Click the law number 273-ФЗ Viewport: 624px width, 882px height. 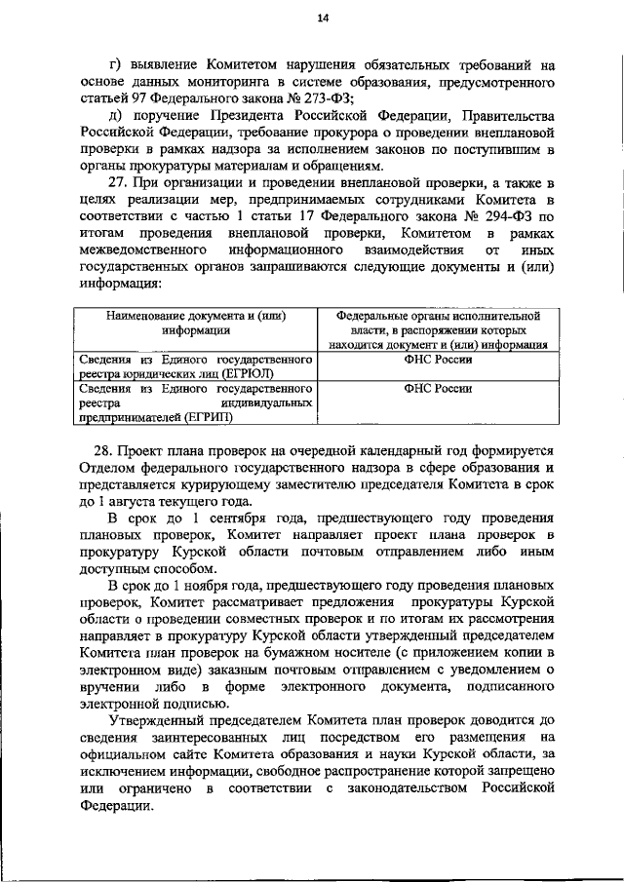tap(325, 96)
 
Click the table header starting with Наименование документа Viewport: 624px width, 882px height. tap(195, 323)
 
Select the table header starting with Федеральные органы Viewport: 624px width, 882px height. tap(438, 329)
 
